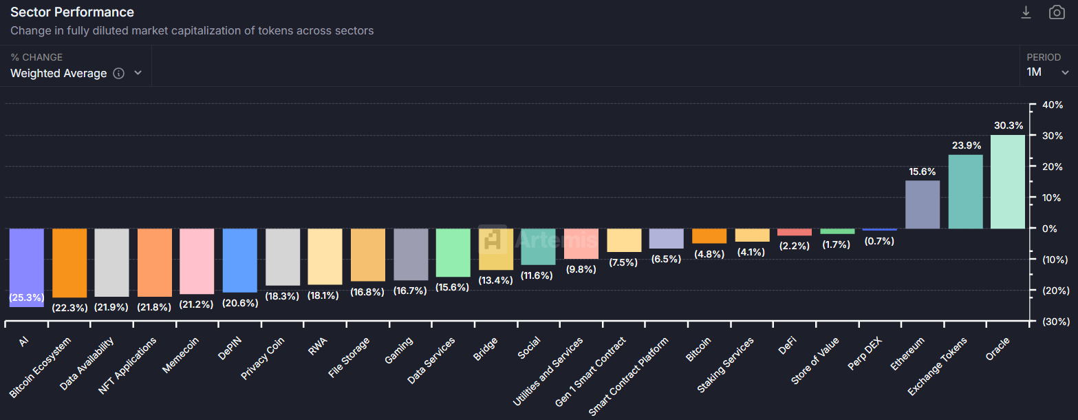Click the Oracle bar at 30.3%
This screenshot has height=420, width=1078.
coord(1007,182)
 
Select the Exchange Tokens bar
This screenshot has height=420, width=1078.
coord(965,192)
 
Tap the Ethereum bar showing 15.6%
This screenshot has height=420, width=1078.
coord(923,204)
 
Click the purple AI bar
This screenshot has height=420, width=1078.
coord(27,262)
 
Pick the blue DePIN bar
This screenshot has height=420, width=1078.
coord(240,260)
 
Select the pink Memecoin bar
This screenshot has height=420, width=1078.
coord(197,261)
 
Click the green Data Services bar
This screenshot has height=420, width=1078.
coord(453,253)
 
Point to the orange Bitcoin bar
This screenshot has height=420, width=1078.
coord(709,236)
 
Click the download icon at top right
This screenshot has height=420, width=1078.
coord(1026,12)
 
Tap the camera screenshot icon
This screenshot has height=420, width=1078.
coord(1056,12)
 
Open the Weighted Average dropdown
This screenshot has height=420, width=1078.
coord(76,73)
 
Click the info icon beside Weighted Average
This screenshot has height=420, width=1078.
coord(118,74)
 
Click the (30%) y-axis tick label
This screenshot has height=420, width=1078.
coord(1053,322)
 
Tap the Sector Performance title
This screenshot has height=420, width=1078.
coord(72,12)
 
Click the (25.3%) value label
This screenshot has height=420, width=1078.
coord(27,298)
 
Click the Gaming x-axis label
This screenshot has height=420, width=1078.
coord(400,351)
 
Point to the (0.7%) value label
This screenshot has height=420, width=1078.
coord(879,242)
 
